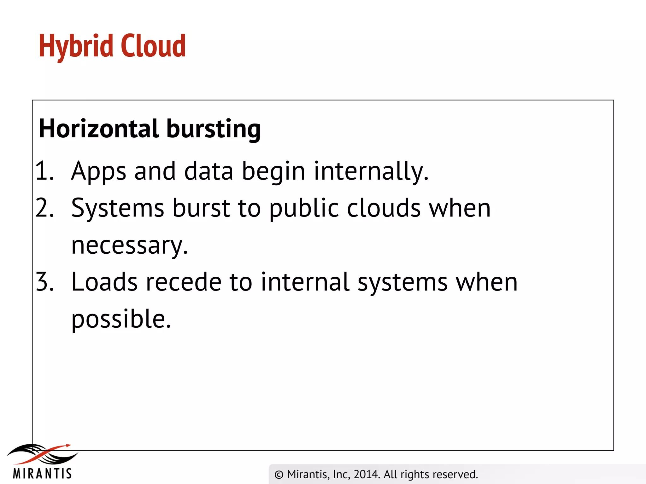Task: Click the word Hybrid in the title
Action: (x=76, y=47)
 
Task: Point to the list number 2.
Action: (x=44, y=208)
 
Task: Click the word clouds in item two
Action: (x=384, y=208)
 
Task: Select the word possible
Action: (x=121, y=319)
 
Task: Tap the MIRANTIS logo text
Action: (x=42, y=473)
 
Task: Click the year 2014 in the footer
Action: (x=366, y=474)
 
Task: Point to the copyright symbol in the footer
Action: (x=279, y=475)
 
